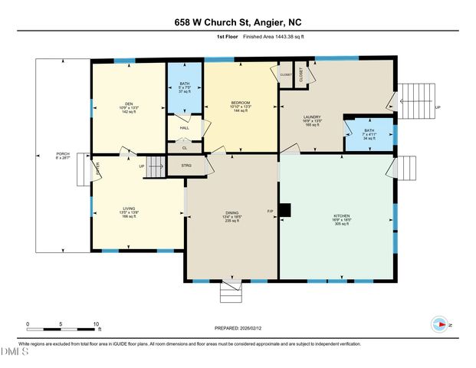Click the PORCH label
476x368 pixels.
(63, 156)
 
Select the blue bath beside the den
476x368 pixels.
(185, 88)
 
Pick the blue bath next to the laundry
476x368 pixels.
(369, 134)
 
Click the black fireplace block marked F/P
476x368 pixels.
(285, 209)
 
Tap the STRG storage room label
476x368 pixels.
(185, 165)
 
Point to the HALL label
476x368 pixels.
(184, 128)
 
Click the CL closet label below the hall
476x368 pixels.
(184, 147)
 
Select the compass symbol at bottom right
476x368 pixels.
(439, 324)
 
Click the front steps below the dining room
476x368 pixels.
(231, 292)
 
